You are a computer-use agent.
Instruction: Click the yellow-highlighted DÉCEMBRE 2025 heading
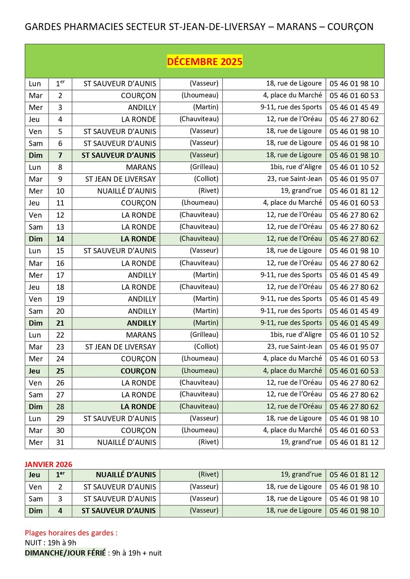click(x=205, y=62)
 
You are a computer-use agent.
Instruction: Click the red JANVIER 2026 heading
click(x=48, y=464)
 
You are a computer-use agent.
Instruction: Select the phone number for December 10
click(x=354, y=191)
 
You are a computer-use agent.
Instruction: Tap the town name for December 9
click(x=120, y=179)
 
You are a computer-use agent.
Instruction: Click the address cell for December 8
click(x=295, y=167)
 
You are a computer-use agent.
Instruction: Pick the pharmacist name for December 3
click(x=206, y=107)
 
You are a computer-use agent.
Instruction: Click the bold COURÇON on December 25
click(x=138, y=371)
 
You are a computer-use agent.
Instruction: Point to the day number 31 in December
click(x=60, y=443)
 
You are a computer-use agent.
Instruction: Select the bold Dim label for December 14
click(x=36, y=239)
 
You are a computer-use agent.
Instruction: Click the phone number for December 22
click(x=354, y=335)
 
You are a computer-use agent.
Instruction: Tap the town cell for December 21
click(x=141, y=323)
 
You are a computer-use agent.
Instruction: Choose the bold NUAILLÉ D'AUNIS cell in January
click(x=126, y=475)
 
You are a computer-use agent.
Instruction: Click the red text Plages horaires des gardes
click(x=71, y=533)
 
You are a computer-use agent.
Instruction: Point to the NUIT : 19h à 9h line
click(x=50, y=543)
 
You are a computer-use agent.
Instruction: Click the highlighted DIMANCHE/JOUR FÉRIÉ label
click(x=65, y=553)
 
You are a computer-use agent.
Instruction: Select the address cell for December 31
click(x=301, y=442)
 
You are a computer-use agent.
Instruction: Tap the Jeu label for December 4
click(x=34, y=119)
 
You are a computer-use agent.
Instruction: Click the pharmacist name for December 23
click(x=206, y=347)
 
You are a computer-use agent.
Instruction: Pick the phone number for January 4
click(x=354, y=511)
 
